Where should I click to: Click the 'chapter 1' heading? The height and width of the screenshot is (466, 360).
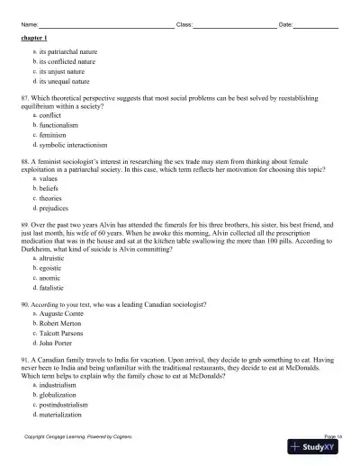click(34, 40)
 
